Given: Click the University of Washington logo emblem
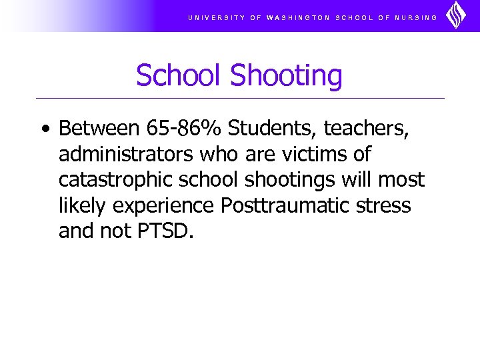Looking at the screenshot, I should coord(456,15).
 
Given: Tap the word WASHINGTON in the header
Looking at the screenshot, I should coord(298,17).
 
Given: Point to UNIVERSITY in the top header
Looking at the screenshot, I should coord(217,17).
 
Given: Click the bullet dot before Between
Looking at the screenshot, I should coord(44,129).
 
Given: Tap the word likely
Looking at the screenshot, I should coord(83,206).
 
